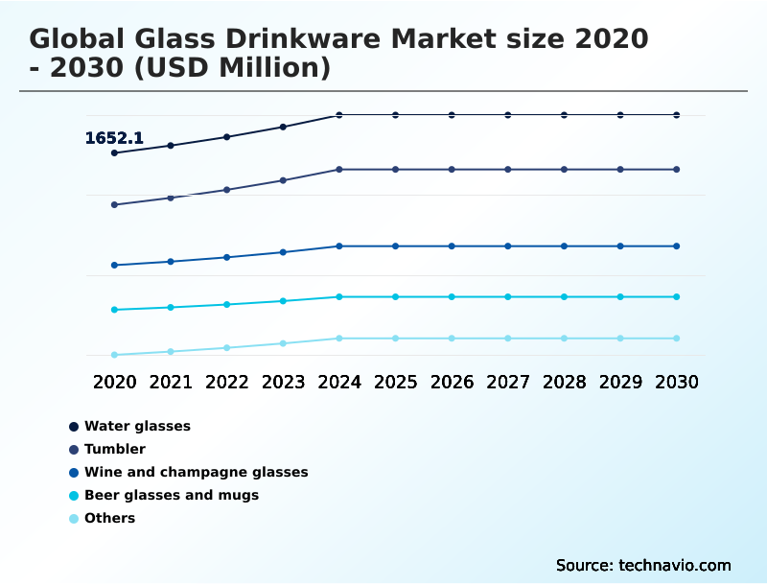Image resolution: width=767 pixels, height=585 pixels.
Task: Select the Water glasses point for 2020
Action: click(114, 152)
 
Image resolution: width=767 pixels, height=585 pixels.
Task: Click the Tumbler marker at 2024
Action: click(339, 170)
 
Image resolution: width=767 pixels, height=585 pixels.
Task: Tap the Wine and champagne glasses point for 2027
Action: click(508, 246)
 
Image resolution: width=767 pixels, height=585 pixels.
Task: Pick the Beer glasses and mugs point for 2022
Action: click(227, 305)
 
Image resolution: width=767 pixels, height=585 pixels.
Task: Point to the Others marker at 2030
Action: click(677, 339)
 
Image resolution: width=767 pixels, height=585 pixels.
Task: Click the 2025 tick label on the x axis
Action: click(395, 382)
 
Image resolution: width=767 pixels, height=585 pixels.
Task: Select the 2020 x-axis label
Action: click(114, 382)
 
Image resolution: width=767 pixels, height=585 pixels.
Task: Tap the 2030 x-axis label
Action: click(677, 382)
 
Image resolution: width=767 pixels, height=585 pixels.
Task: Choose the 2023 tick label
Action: click(283, 382)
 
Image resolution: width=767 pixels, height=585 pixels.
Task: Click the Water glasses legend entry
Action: click(137, 426)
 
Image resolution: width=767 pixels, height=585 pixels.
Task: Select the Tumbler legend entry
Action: click(115, 449)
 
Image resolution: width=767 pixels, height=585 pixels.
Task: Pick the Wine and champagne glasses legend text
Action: click(196, 472)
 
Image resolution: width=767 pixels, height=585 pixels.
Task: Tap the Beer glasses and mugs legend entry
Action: click(172, 495)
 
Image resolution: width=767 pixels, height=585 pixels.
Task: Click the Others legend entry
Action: click(109, 518)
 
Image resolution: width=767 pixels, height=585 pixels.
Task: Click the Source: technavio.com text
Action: click(643, 565)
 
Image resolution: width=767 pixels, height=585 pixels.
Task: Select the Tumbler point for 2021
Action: click(171, 198)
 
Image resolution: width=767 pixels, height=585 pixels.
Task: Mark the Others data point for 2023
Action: click(283, 343)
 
